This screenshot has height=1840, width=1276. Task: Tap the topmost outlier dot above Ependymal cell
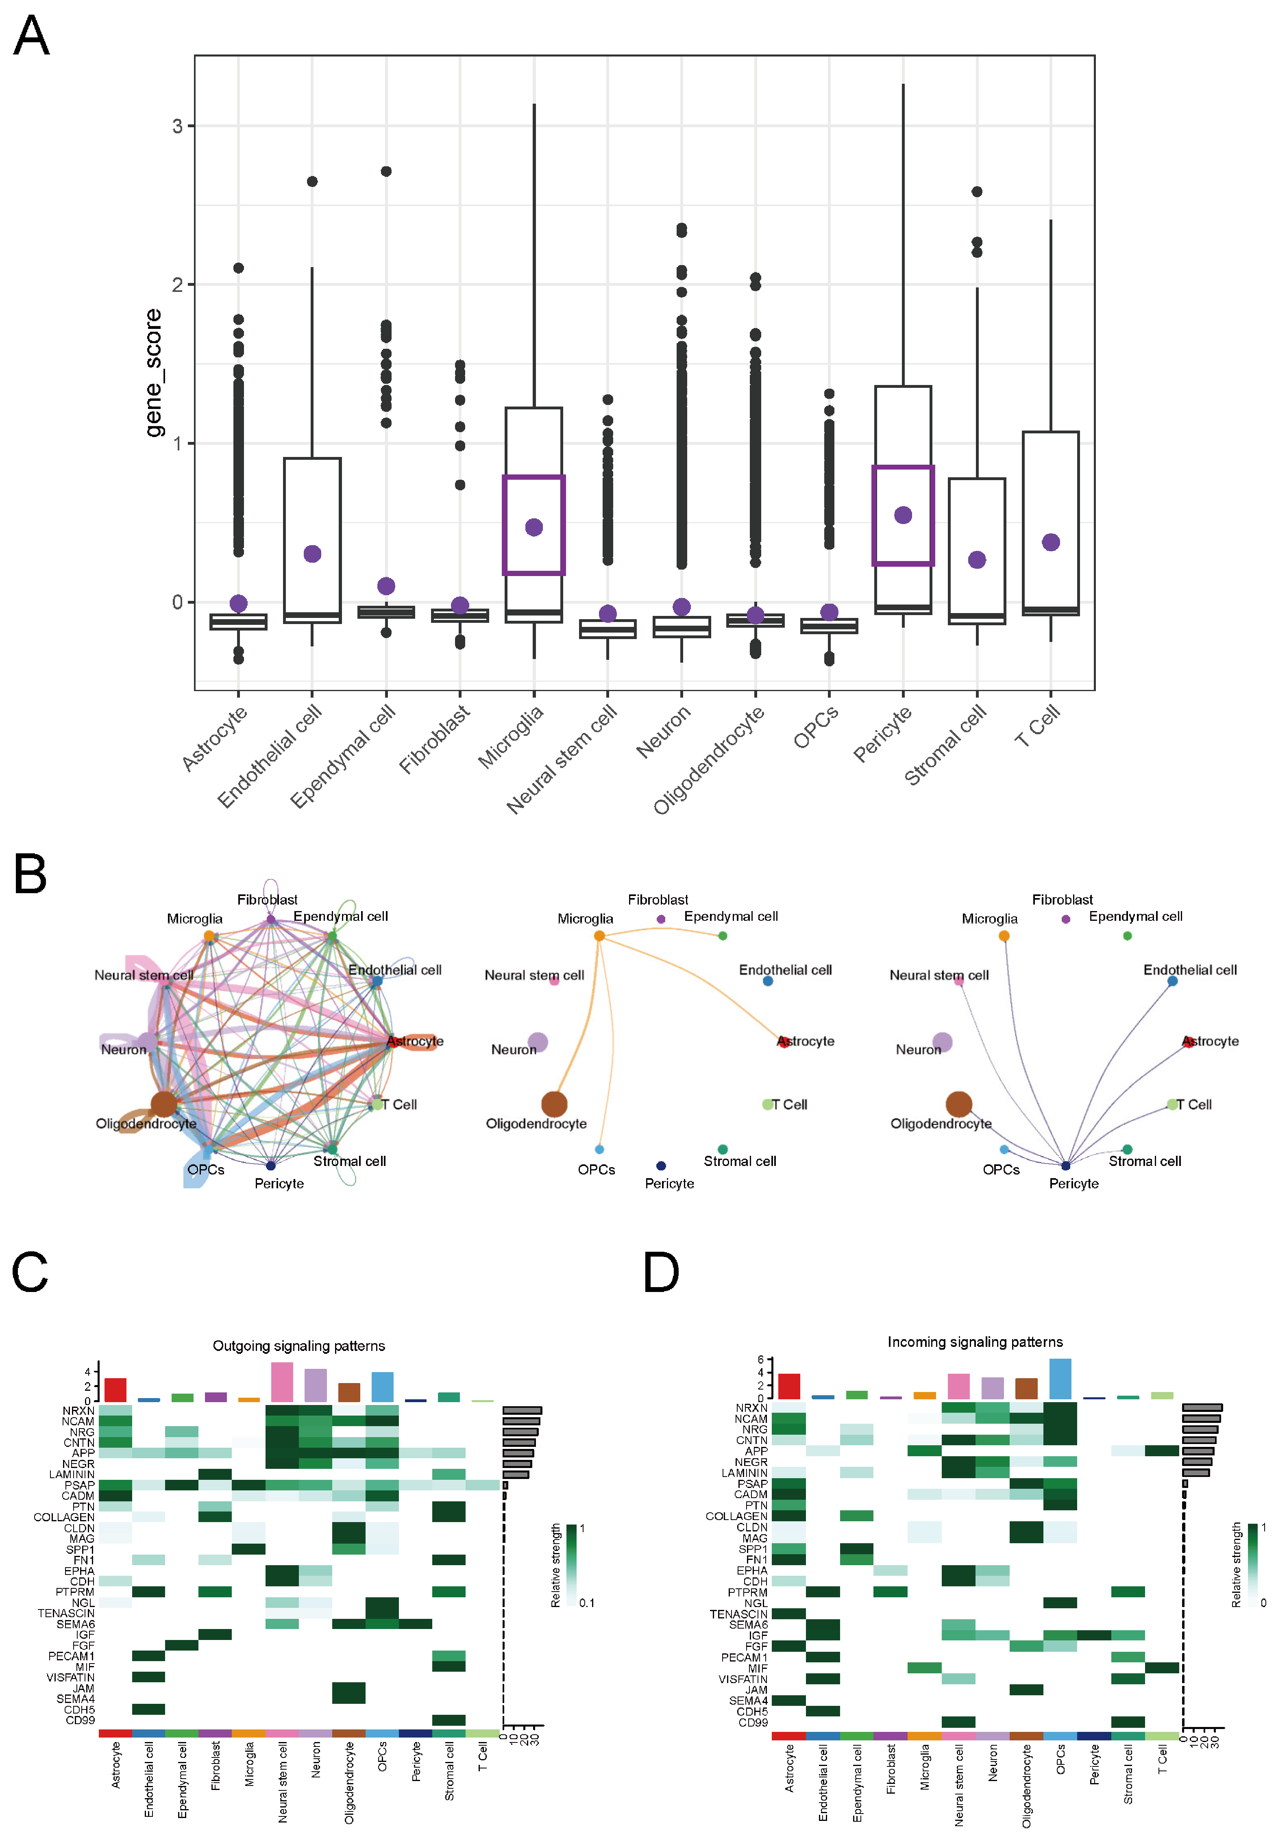pyautogui.click(x=386, y=171)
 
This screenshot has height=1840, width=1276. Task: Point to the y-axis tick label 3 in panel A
pyautogui.click(x=177, y=126)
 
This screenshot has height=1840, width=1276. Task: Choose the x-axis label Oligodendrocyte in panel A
pyautogui.click(x=708, y=759)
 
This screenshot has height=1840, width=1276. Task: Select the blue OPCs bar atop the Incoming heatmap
pyautogui.click(x=1060, y=1379)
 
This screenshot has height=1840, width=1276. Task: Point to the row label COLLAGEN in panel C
pyautogui.click(x=64, y=1517)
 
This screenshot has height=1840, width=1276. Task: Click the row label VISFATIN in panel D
pyautogui.click(x=743, y=1679)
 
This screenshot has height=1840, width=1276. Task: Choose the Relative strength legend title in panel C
pyautogui.click(x=555, y=1565)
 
